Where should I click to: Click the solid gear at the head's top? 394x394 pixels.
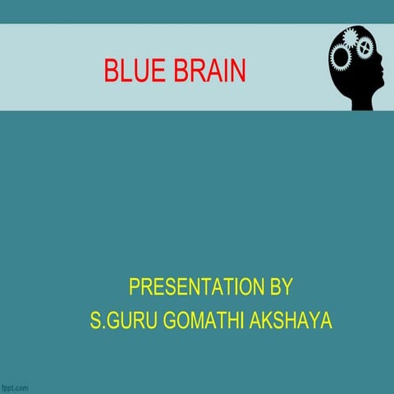pyautogui.click(x=351, y=38)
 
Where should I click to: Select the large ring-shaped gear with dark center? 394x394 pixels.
pyautogui.click(x=340, y=57)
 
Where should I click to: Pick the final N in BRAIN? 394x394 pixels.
pyautogui.click(x=238, y=72)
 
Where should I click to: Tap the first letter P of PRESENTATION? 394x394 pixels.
pyautogui.click(x=134, y=288)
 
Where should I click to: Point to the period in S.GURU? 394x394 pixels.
pyautogui.click(x=100, y=326)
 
